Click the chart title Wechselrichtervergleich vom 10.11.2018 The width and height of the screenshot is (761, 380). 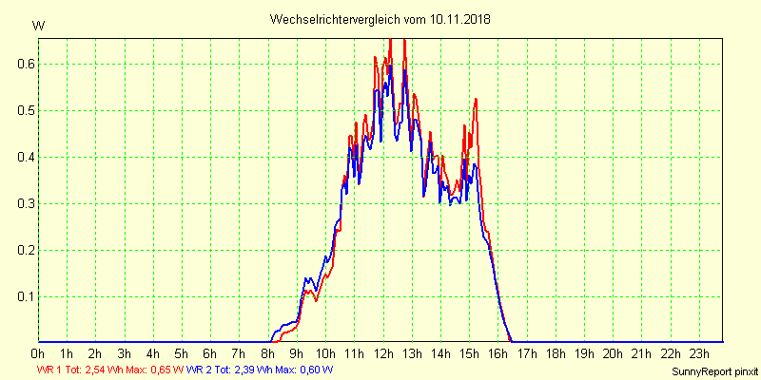coord(380,19)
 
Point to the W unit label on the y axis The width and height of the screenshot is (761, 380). coord(38,26)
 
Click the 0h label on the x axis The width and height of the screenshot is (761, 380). coord(38,354)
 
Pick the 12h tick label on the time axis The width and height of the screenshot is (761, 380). coord(383,354)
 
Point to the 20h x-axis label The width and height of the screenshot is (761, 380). coord(614,354)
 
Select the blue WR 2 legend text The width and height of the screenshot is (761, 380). coord(204,370)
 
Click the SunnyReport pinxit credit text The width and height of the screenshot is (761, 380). coord(714,370)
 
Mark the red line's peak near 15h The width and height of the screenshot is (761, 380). coord(475,99)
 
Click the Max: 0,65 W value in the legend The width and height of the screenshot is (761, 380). coord(152,370)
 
